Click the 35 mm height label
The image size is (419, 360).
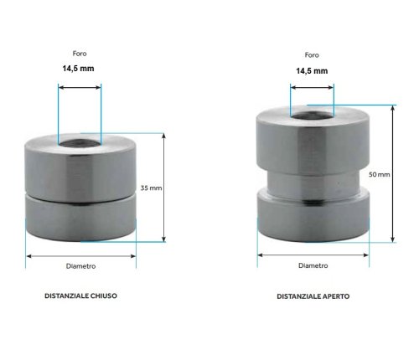click(152, 188)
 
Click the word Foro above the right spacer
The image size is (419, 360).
click(311, 54)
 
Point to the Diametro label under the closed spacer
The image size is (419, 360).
click(80, 266)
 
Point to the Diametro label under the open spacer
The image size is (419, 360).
click(313, 266)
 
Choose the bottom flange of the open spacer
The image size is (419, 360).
click(312, 215)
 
